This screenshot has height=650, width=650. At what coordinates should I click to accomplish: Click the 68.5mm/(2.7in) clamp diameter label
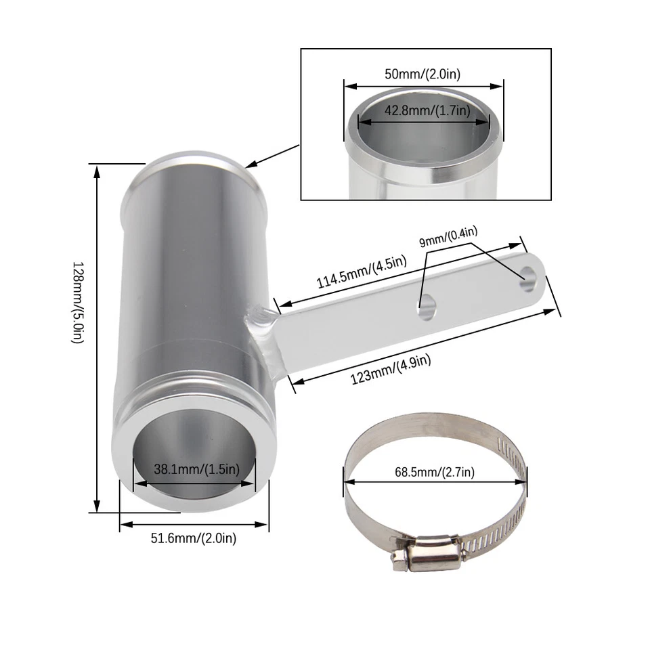(x=436, y=472)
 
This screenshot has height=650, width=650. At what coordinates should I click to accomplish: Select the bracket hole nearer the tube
(x=427, y=310)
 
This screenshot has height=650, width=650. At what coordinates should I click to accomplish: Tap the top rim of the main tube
(x=195, y=161)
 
